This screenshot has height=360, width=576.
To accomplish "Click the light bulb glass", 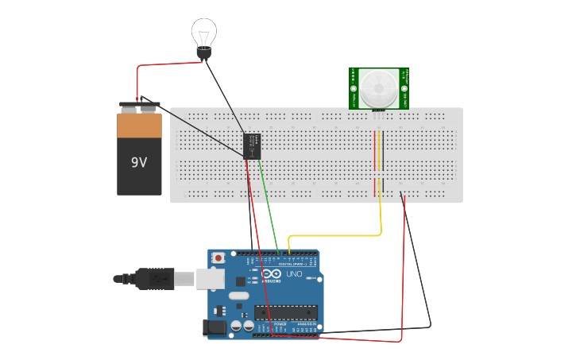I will [204, 33].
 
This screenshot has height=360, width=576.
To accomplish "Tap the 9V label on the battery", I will [139, 162].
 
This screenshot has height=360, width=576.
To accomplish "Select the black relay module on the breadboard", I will [253, 146].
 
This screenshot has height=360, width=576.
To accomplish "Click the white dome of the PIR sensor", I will [378, 87].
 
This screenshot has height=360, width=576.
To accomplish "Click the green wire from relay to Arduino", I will [269, 207].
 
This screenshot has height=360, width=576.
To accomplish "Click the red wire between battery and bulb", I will [159, 65].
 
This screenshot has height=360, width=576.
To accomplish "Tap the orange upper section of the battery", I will [139, 126].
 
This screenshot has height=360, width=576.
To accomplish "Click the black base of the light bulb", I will [204, 53].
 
